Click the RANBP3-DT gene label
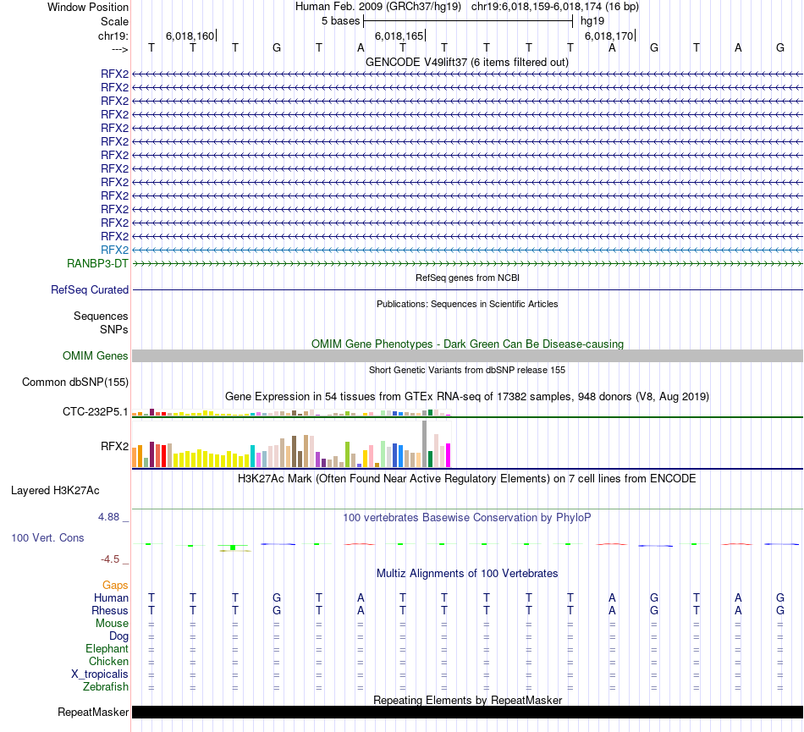click(97, 263)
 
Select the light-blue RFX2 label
click(114, 250)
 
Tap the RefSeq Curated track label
click(90, 289)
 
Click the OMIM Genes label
click(96, 356)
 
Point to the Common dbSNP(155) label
click(75, 382)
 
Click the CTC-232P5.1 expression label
click(96, 412)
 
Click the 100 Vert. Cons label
click(47, 537)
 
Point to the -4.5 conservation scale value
click(112, 559)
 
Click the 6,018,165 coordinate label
click(399, 36)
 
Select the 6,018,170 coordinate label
click(609, 36)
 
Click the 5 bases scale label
click(340, 20)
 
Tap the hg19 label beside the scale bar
click(592, 20)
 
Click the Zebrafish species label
click(107, 687)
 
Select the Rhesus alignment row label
click(110, 610)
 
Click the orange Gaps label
click(115, 585)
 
